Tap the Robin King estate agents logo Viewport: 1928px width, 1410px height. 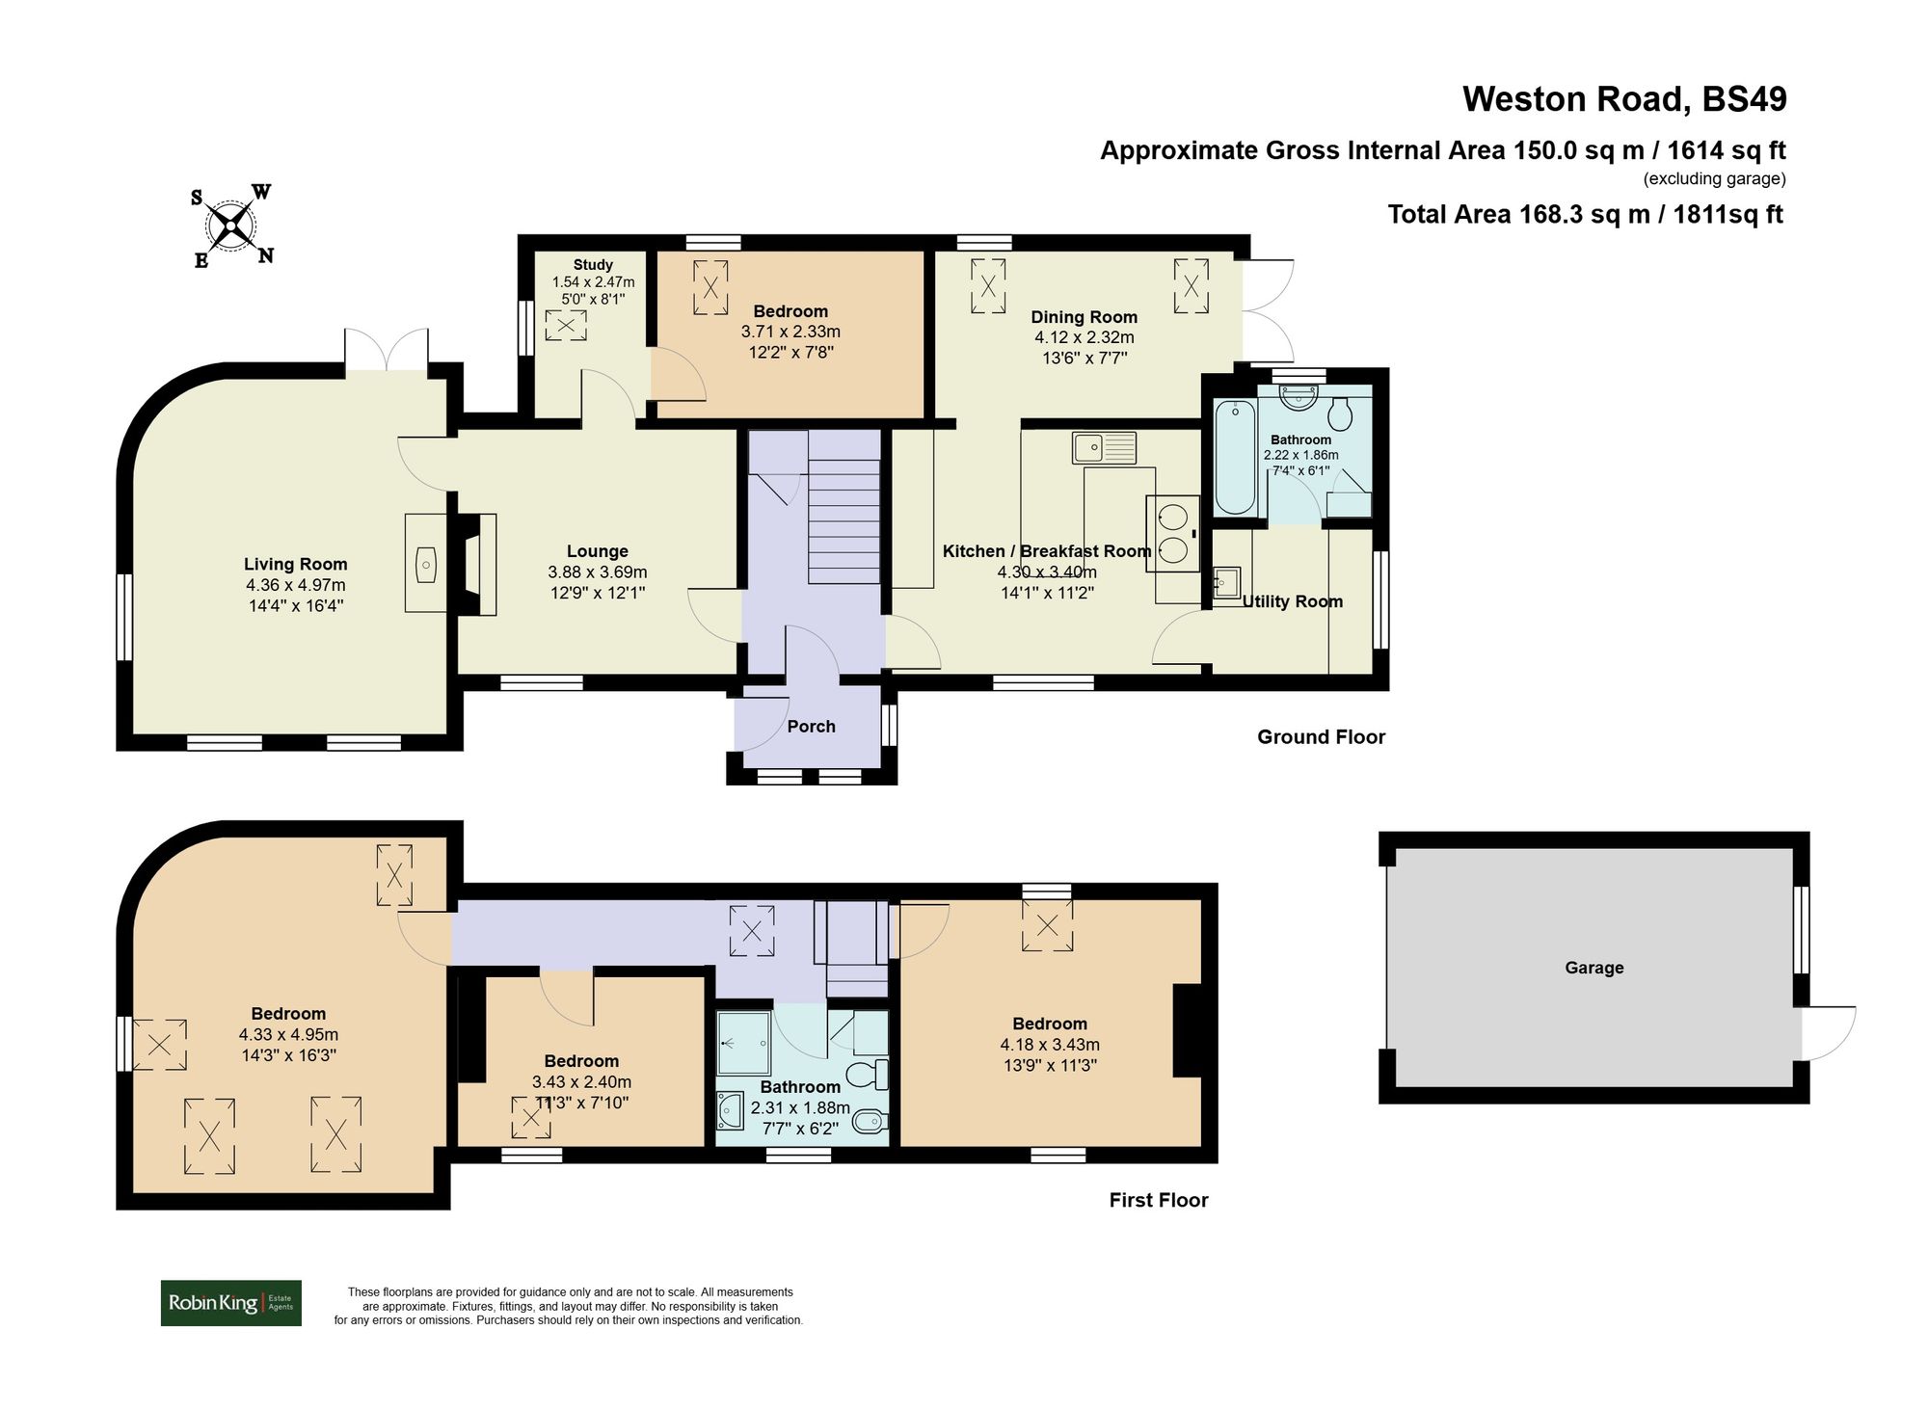coord(230,1303)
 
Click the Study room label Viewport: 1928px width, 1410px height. coord(593,264)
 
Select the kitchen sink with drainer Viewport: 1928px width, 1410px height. coord(1105,447)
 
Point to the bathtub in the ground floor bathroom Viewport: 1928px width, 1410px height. coord(1235,459)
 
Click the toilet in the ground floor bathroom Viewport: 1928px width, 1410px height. coord(1340,415)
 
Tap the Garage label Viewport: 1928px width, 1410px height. coord(1593,968)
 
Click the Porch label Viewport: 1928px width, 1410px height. coord(811,727)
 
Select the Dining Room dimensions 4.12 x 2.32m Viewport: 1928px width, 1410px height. coord(1084,337)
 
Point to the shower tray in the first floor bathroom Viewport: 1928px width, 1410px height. coord(743,1043)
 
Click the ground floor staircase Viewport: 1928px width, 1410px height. coord(843,521)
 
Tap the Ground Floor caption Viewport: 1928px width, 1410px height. coord(1321,737)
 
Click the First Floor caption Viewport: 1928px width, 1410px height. coord(1158,1200)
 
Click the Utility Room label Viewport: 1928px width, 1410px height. coord(1292,601)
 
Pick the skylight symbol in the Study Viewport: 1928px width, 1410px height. coord(566,326)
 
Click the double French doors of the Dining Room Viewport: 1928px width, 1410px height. coord(1266,309)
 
